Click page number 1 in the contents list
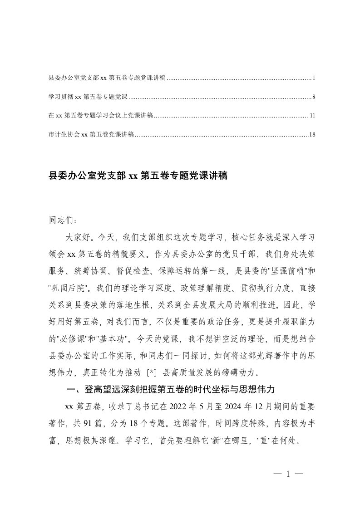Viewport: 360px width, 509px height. (x=314, y=78)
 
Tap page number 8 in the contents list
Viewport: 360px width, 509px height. (x=314, y=97)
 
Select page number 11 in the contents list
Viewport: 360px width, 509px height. (x=312, y=116)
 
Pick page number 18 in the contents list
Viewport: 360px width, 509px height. (x=312, y=134)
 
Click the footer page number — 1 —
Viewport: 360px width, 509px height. (x=288, y=474)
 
